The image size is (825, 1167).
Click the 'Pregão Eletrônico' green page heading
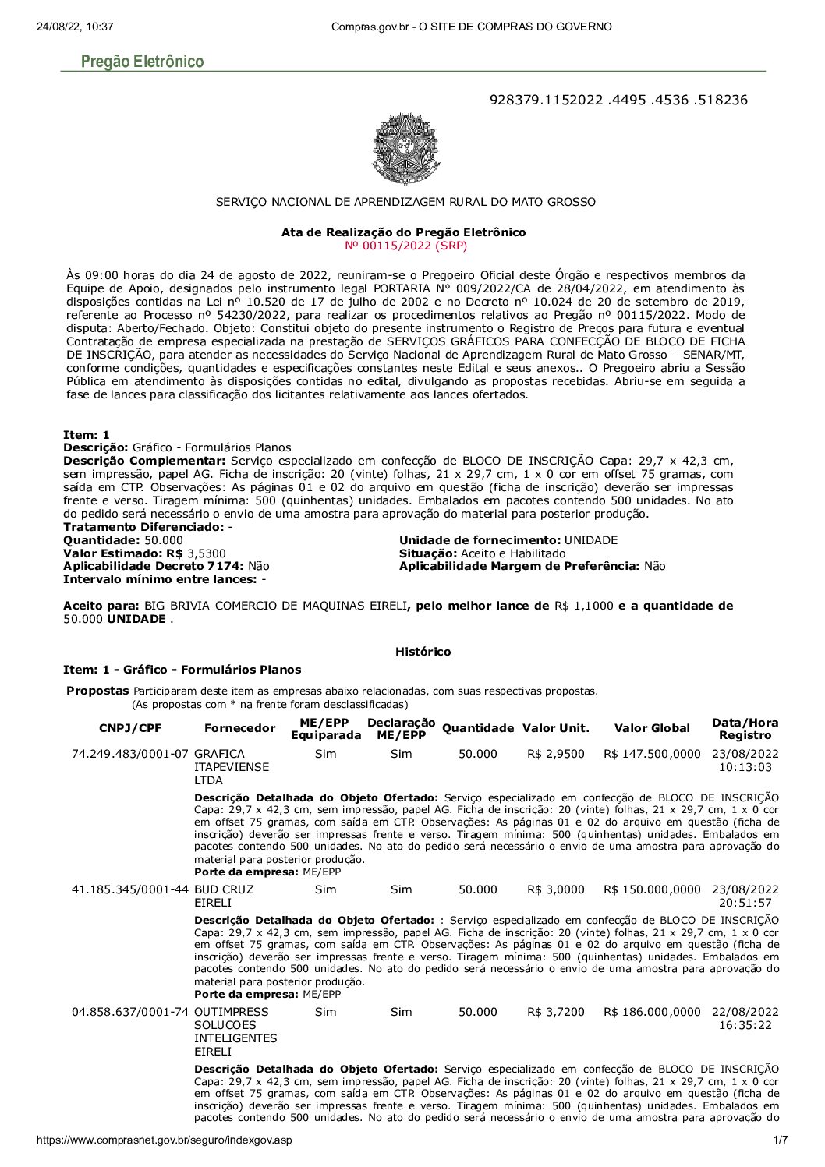pyautogui.click(x=143, y=62)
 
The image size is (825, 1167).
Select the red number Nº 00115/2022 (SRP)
pyautogui.click(x=405, y=246)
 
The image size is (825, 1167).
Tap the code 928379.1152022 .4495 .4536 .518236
pyautogui.click(x=618, y=100)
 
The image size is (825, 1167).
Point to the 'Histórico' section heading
pyautogui.click(x=423, y=652)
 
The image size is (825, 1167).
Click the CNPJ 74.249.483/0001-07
pyautogui.click(x=130, y=754)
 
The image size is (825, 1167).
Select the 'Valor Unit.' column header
pyautogui.click(x=556, y=728)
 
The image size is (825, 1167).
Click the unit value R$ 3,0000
pyautogui.click(x=555, y=889)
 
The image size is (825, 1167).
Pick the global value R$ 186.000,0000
pyautogui.click(x=652, y=1012)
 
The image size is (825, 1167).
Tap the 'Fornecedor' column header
pyautogui.click(x=239, y=728)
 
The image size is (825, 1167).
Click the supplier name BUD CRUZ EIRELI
pyautogui.click(x=223, y=896)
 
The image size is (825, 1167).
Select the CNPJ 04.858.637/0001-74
pyautogui.click(x=130, y=1012)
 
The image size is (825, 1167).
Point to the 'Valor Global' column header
pyautogui.click(x=652, y=728)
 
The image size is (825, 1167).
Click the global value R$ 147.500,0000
pyautogui.click(x=652, y=754)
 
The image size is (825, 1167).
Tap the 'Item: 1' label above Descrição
pyautogui.click(x=87, y=434)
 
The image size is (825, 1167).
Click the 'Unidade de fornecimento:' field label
pyautogui.click(x=480, y=540)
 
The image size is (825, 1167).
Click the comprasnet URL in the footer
pyautogui.click(x=165, y=1141)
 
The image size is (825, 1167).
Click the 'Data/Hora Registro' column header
pyautogui.click(x=745, y=729)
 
